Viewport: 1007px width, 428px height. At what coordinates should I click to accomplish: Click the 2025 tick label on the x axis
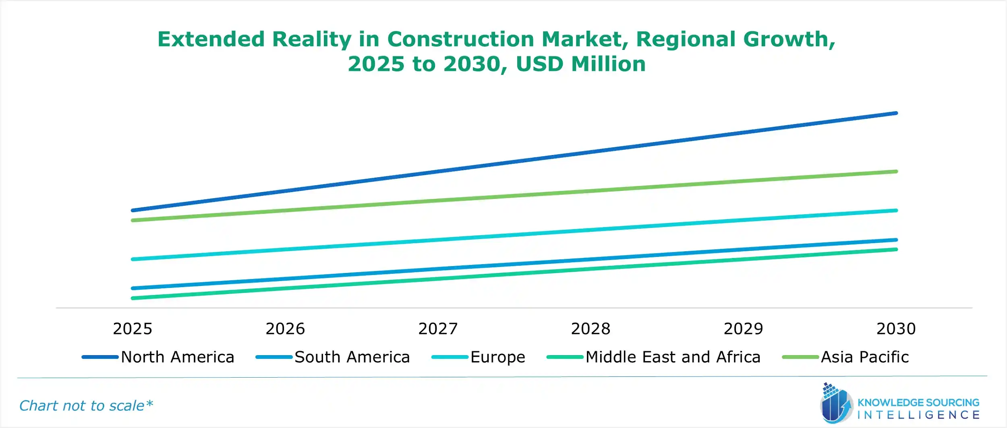pyautogui.click(x=133, y=329)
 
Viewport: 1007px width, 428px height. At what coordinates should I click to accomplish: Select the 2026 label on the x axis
pyautogui.click(x=285, y=329)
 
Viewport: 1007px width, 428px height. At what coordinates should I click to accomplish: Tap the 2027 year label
pyautogui.click(x=438, y=329)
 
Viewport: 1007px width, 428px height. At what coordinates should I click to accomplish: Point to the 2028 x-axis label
pyautogui.click(x=591, y=329)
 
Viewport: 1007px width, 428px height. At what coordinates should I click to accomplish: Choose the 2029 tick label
pyautogui.click(x=743, y=329)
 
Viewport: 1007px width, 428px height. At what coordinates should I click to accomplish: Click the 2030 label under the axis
pyautogui.click(x=896, y=329)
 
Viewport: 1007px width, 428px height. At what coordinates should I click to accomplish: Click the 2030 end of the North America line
pyautogui.click(x=896, y=114)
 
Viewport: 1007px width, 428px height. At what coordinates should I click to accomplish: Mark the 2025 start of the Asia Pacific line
pyautogui.click(x=133, y=220)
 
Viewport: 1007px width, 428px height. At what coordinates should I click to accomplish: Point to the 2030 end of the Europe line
pyautogui.click(x=896, y=211)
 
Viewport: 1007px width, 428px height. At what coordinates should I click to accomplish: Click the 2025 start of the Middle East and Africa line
pyautogui.click(x=133, y=298)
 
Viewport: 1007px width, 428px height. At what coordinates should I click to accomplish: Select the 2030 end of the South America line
pyautogui.click(x=896, y=240)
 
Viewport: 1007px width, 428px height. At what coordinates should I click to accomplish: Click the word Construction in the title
pyautogui.click(x=460, y=39)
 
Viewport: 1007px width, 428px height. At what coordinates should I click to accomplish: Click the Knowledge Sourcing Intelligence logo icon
pyautogui.click(x=836, y=404)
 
